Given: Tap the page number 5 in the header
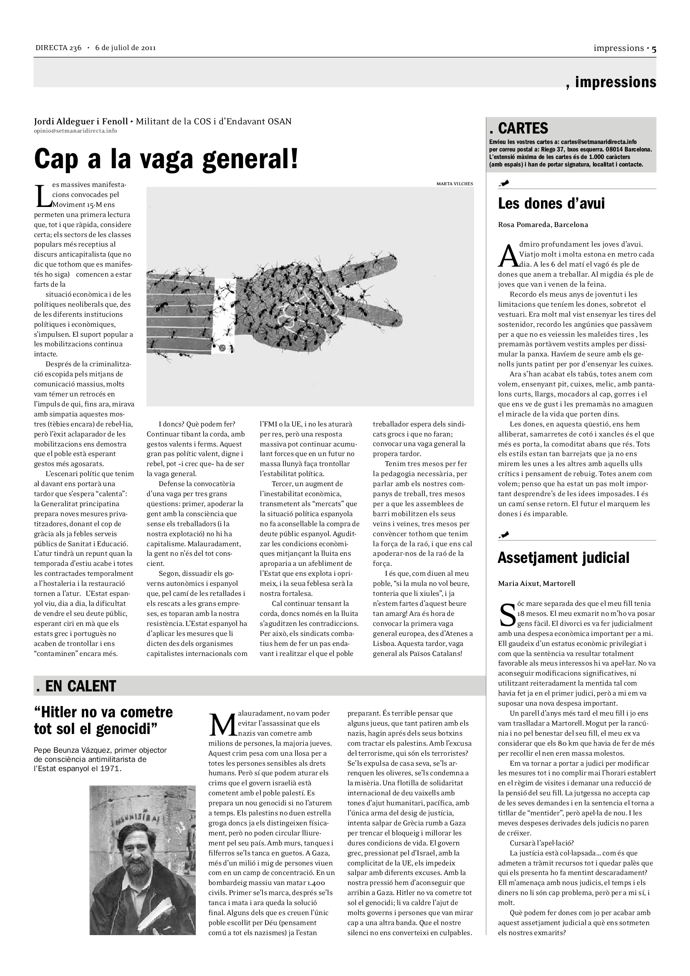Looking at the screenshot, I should click(653, 48).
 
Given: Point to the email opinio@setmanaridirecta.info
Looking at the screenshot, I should click(75, 131).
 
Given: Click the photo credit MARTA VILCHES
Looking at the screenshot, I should click(455, 184).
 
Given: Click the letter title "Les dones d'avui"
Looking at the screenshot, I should click(551, 204).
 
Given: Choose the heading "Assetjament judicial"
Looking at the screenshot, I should click(563, 558).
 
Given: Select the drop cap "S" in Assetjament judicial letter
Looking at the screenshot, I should click(507, 616).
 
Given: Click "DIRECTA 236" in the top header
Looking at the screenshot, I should click(58, 48).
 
